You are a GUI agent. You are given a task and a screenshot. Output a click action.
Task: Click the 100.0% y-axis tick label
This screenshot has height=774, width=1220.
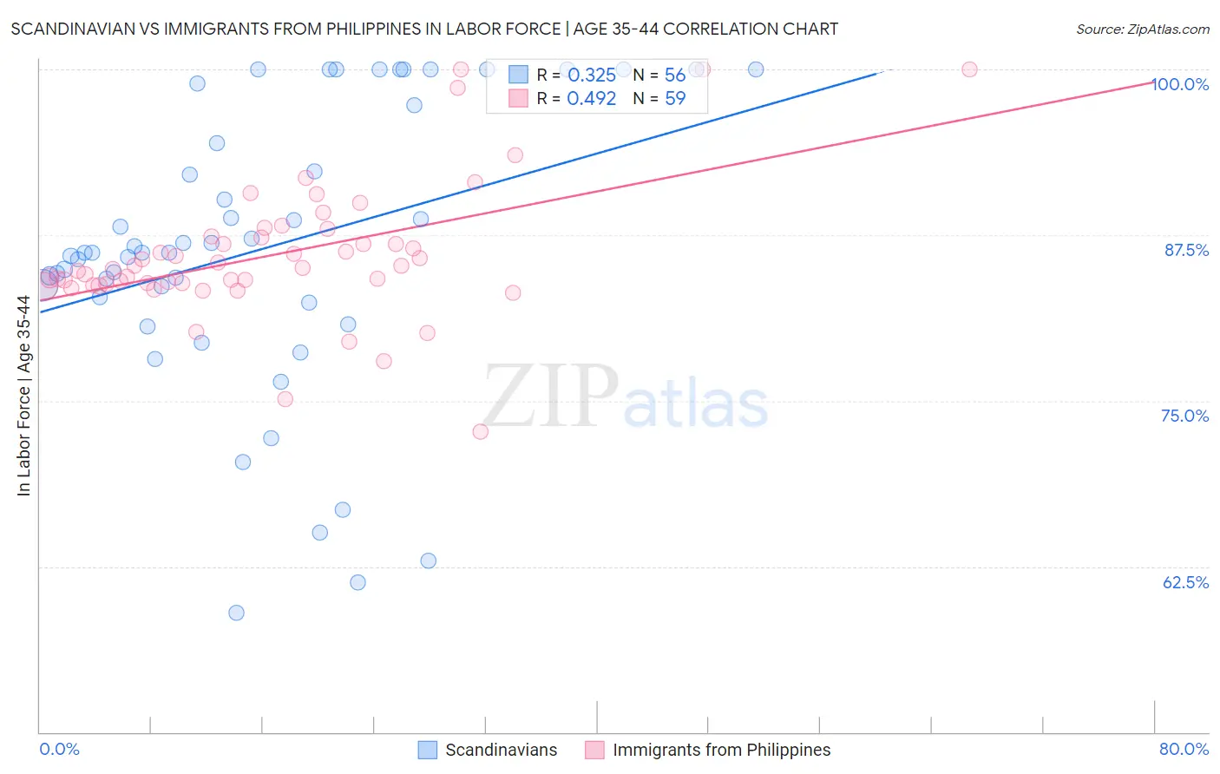click(x=1180, y=84)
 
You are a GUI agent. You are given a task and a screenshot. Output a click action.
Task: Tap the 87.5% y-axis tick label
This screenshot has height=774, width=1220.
click(x=1186, y=250)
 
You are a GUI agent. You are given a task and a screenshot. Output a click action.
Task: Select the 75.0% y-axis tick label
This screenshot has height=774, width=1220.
click(x=1184, y=416)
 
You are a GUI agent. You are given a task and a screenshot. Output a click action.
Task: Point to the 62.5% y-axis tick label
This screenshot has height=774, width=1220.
click(x=1185, y=582)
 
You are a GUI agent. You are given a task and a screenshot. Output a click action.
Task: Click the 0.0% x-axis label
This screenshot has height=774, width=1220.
click(x=59, y=749)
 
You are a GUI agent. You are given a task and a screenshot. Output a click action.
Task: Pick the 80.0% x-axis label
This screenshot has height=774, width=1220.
click(x=1184, y=749)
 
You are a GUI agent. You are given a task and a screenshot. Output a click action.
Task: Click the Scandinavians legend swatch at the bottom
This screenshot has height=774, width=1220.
click(x=427, y=750)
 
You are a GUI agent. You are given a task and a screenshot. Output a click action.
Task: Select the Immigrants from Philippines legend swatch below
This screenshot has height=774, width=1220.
click(x=594, y=750)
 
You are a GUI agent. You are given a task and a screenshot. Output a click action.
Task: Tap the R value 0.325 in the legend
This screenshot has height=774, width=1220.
click(x=591, y=75)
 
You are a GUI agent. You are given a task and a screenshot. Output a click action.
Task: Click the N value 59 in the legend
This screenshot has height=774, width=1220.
click(x=675, y=99)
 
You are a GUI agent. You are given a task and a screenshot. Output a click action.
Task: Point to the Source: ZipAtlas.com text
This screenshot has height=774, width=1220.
click(x=1142, y=30)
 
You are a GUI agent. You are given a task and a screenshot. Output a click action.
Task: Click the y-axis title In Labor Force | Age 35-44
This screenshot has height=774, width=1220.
click(x=23, y=396)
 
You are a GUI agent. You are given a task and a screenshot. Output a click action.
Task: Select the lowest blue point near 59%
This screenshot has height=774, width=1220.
click(x=236, y=613)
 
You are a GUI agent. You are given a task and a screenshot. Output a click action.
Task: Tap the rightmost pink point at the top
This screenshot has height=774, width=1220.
click(x=969, y=69)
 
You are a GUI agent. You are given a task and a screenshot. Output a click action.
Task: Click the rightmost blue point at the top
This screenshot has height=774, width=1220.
click(x=756, y=69)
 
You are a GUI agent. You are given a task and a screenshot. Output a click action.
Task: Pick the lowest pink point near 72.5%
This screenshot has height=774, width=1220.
click(x=480, y=431)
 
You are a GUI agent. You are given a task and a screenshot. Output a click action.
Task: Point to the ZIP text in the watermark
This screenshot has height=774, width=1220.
click(x=551, y=397)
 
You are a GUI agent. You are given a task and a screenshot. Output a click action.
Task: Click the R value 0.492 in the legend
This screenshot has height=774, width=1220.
click(x=591, y=99)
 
